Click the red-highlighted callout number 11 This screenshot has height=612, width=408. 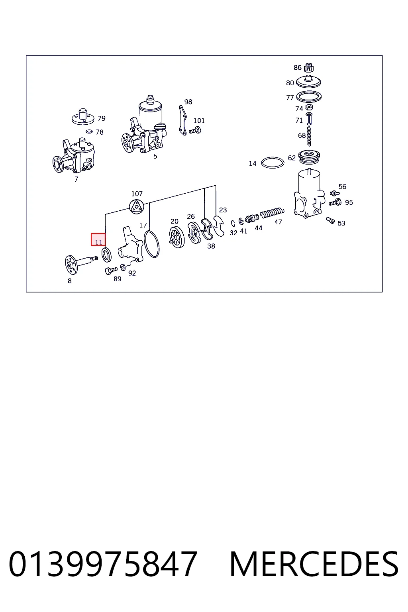click(x=98, y=242)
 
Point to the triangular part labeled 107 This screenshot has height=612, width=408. click(x=136, y=206)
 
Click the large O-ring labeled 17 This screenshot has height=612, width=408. click(x=152, y=244)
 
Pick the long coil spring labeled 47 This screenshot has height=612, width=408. click(x=272, y=213)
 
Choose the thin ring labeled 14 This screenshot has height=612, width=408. click(x=273, y=163)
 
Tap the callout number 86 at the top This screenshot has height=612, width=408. click(x=297, y=67)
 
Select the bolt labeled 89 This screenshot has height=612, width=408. click(x=111, y=271)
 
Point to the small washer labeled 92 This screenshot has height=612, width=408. click(x=123, y=267)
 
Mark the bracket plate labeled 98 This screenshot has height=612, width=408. click(x=183, y=120)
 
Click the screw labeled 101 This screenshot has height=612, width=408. click(x=195, y=130)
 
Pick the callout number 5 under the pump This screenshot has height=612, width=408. click(x=155, y=156)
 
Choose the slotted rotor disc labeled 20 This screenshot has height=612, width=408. click(x=177, y=237)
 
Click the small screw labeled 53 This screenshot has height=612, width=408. click(x=330, y=220)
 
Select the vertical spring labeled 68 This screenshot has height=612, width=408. click(x=309, y=136)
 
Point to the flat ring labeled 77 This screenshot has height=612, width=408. click(x=309, y=96)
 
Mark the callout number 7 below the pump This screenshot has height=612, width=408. click(x=76, y=179)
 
